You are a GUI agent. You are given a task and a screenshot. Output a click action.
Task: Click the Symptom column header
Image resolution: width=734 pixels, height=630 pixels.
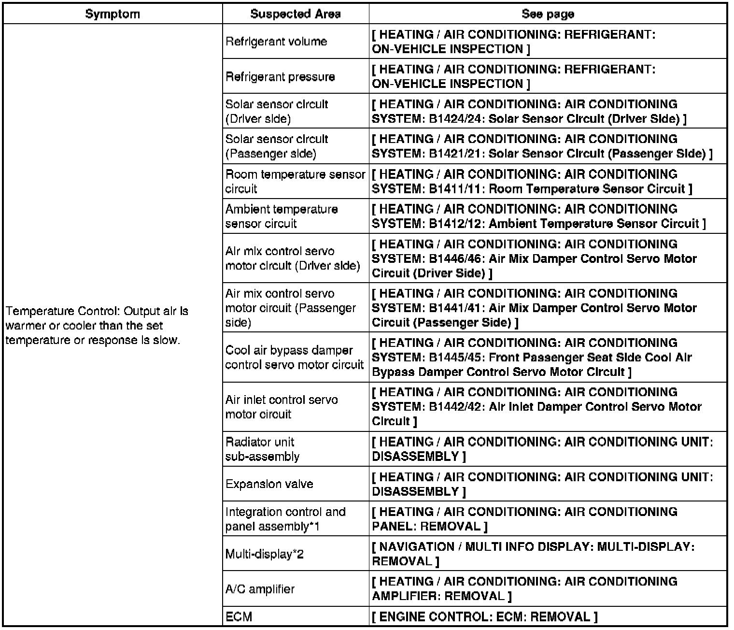click(113, 14)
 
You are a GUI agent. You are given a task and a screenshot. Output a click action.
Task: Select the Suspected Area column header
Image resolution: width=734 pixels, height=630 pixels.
click(295, 14)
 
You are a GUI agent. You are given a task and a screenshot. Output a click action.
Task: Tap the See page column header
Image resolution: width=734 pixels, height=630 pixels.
click(548, 14)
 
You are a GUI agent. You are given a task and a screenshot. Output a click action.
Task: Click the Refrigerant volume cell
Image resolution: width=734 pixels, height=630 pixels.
click(276, 42)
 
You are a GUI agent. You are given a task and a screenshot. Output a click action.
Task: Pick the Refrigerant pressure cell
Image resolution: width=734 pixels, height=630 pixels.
click(280, 77)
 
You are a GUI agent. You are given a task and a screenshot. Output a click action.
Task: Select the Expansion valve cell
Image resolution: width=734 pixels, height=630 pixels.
click(269, 484)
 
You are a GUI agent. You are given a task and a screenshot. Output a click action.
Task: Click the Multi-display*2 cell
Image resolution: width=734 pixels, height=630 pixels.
click(264, 554)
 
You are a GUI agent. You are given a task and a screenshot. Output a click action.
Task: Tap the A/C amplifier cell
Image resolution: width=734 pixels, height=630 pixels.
click(260, 589)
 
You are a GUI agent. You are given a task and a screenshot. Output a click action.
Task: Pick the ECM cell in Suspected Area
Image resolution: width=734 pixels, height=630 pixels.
click(239, 617)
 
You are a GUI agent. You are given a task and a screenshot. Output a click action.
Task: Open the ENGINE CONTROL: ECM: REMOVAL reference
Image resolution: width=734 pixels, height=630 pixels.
click(485, 617)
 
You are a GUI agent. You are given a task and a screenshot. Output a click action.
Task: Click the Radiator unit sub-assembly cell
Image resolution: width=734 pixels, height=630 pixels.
click(262, 449)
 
